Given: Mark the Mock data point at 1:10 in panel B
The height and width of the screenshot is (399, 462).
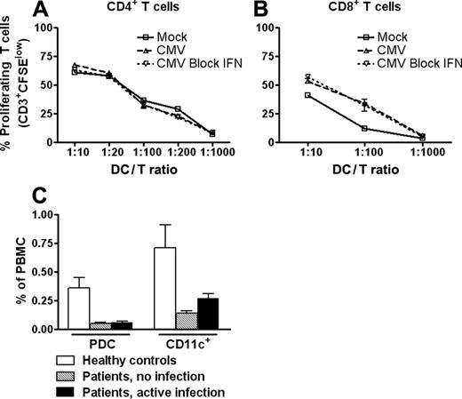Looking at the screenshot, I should tap(307, 95).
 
